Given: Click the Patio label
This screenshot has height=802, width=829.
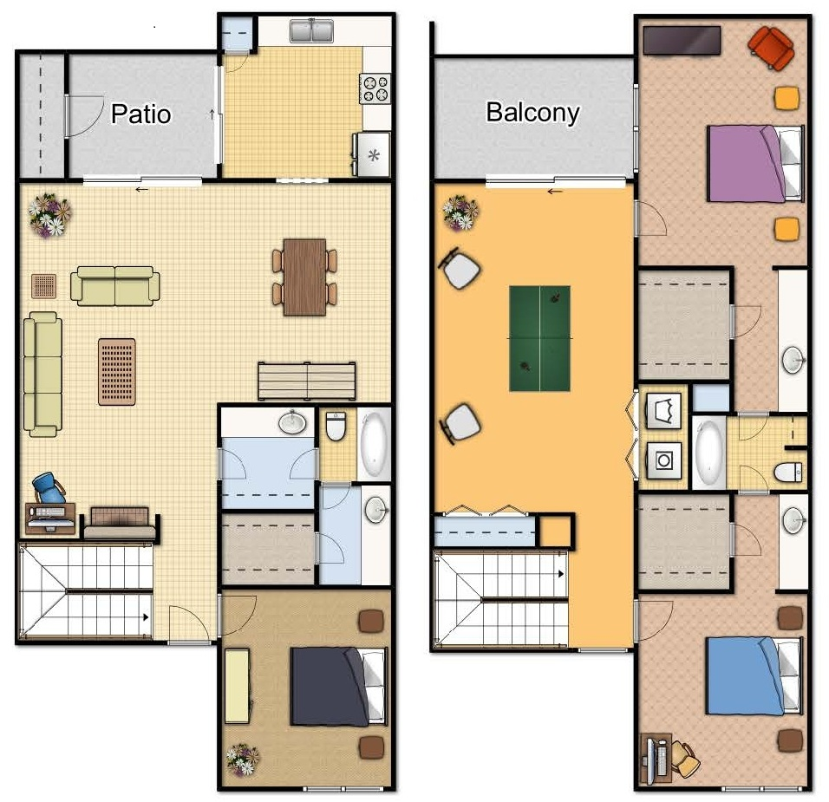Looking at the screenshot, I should pos(140,114).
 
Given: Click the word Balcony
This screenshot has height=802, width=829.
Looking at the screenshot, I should pos(532,112).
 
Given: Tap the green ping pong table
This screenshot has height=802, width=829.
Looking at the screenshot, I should pos(539,338).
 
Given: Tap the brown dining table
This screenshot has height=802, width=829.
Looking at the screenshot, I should pos(304,277).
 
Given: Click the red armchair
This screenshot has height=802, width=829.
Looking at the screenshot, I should pos(771,47).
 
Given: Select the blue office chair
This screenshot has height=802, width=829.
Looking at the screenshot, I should pos(49,488).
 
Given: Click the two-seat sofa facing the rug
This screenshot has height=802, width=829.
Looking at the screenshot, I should pos(114,285).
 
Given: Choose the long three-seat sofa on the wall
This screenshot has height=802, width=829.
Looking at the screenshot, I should pos(42,374).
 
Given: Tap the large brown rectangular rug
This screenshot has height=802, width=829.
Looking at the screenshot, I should pos(117,371).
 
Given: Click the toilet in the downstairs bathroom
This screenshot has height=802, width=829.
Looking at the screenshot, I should pos(336,427).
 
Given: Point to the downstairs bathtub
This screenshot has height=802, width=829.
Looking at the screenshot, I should pos(374,443).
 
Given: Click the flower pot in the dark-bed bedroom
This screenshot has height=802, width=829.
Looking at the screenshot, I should pos(242,760).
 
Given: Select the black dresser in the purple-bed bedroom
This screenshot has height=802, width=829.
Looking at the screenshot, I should pos(682,39).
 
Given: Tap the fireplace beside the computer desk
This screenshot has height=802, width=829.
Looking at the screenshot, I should pos(119,523).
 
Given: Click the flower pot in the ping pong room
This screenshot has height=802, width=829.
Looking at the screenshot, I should pos(460,212).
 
